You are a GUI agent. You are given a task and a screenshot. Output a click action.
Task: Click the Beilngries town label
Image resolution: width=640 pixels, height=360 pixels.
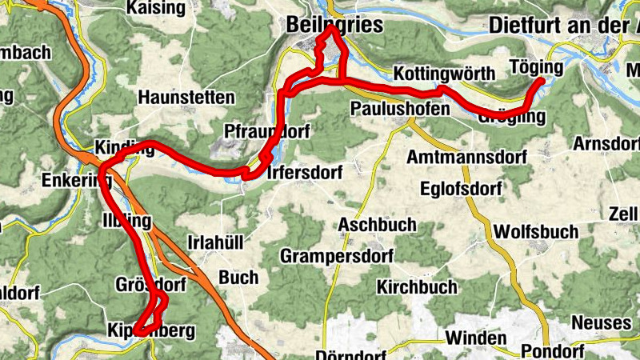pos(334,26)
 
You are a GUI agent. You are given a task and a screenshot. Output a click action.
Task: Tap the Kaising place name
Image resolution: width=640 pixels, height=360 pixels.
pos(155,8)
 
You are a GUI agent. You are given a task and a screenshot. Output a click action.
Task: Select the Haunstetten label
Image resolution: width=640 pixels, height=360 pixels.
pos(186,98)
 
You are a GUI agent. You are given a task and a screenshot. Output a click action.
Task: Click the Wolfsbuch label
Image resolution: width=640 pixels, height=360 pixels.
pos(536,232)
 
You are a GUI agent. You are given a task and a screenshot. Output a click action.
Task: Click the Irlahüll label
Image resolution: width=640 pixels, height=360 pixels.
pos(214,242)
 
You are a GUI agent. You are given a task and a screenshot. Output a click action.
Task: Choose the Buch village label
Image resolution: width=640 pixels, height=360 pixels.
pos(238,278)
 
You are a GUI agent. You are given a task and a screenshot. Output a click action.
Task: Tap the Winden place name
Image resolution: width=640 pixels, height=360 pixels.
pos(476,338)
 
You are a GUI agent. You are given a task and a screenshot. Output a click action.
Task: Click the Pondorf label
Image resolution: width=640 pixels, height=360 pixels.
pos(551,351)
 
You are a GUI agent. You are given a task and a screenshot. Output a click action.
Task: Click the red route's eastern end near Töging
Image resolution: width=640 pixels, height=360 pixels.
pos(542,80)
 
